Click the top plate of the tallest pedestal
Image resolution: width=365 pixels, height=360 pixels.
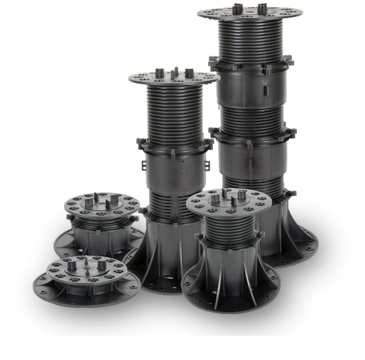point(250,13)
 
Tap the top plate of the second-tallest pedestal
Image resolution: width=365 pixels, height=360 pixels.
point(174,78)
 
